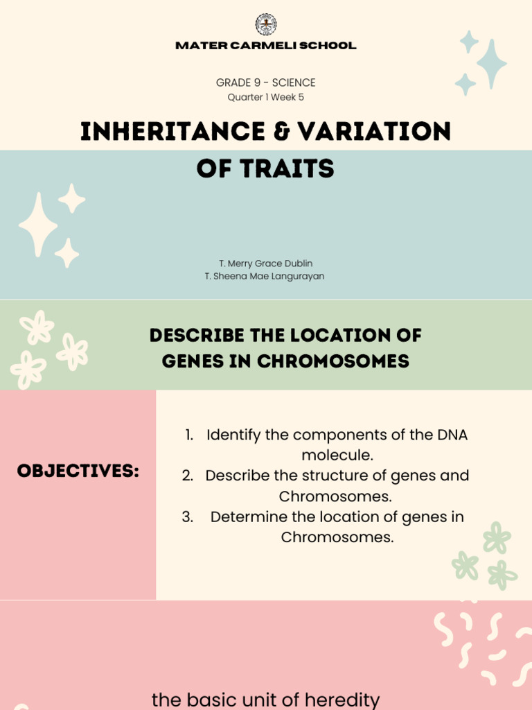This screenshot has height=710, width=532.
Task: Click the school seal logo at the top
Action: (266, 25)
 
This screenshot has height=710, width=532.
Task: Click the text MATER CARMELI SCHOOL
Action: (266, 46)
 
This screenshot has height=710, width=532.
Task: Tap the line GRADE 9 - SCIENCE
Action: (266, 83)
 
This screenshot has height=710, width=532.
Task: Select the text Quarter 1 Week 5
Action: (266, 97)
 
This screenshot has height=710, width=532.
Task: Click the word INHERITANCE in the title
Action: (163, 131)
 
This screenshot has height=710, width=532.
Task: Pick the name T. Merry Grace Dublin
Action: (266, 263)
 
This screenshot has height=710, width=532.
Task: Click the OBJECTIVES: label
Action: (78, 471)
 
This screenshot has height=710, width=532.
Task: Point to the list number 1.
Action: (188, 435)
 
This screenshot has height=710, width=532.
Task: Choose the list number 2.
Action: (187, 476)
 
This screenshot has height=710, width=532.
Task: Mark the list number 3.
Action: (187, 517)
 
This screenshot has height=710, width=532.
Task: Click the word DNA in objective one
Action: (452, 435)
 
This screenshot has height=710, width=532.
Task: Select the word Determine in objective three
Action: (247, 517)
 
